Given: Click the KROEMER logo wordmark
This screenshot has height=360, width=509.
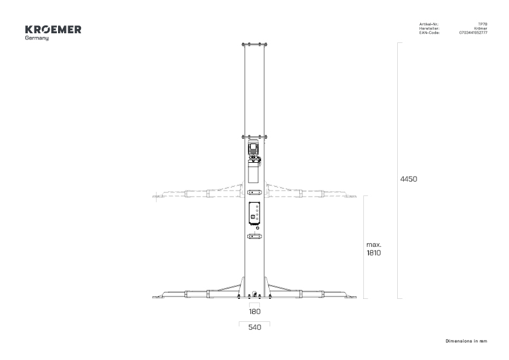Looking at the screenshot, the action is point(53,30).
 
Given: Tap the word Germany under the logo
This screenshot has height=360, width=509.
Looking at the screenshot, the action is point(37,38).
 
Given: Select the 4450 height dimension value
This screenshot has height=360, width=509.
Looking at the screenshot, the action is point(409,179).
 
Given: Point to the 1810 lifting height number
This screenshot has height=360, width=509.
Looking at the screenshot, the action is point(374,253).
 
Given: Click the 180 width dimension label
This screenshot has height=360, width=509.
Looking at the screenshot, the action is point(255,312).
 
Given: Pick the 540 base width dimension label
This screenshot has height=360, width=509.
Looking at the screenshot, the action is point(255,327).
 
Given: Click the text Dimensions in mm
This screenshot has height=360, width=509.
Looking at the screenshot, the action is point(466,341).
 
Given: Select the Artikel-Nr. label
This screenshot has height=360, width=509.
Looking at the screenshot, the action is point(429,24).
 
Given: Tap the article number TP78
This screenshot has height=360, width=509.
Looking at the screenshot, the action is point(483,24).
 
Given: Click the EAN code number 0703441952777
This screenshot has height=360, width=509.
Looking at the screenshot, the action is point(473,33).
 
